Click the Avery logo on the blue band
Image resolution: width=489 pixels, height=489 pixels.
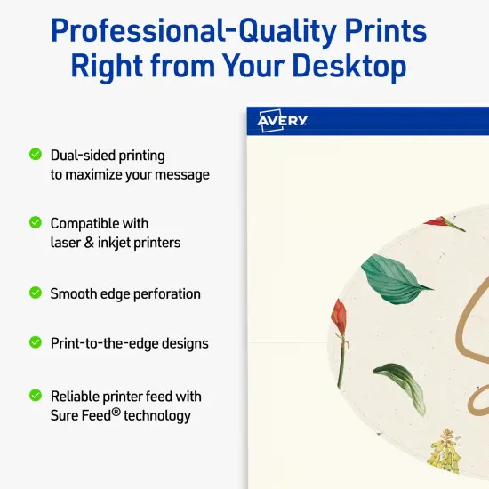(x=283, y=122)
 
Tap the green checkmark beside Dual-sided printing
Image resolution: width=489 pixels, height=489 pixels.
(x=36, y=155)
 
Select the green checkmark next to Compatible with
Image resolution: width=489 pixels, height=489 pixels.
(x=36, y=222)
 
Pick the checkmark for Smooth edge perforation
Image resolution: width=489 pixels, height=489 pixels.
(x=36, y=293)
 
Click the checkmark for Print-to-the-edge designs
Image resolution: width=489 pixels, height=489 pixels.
(x=36, y=341)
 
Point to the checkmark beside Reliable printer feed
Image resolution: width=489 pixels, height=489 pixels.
(x=36, y=395)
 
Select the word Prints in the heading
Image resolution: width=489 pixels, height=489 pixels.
(x=381, y=31)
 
